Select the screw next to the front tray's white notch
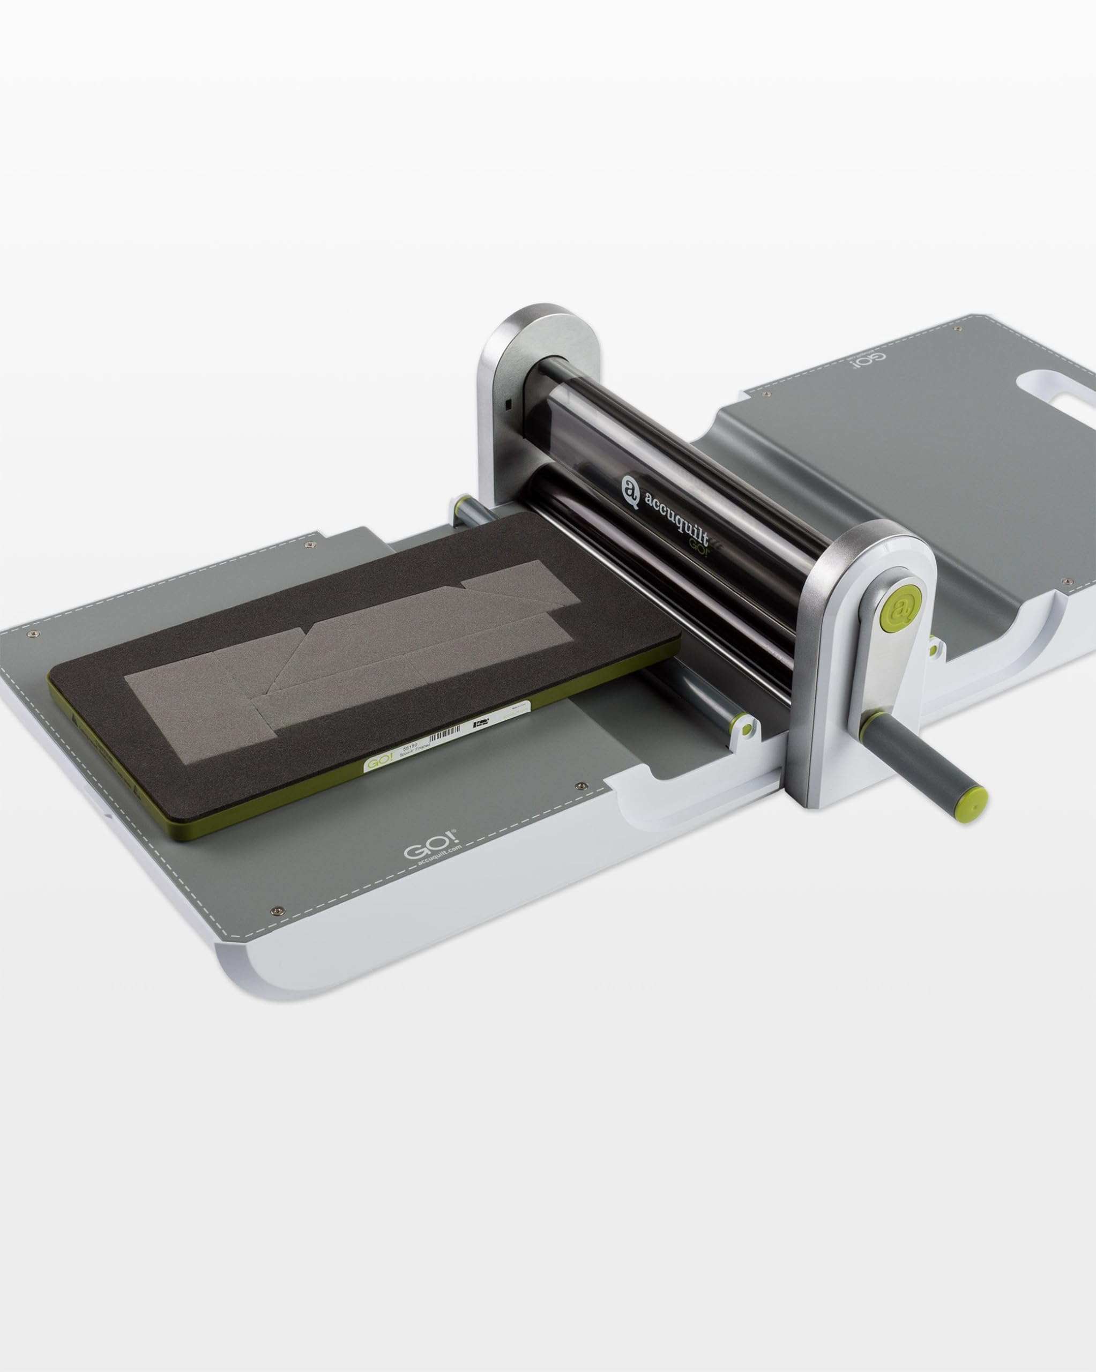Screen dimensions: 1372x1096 click(x=579, y=787)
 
